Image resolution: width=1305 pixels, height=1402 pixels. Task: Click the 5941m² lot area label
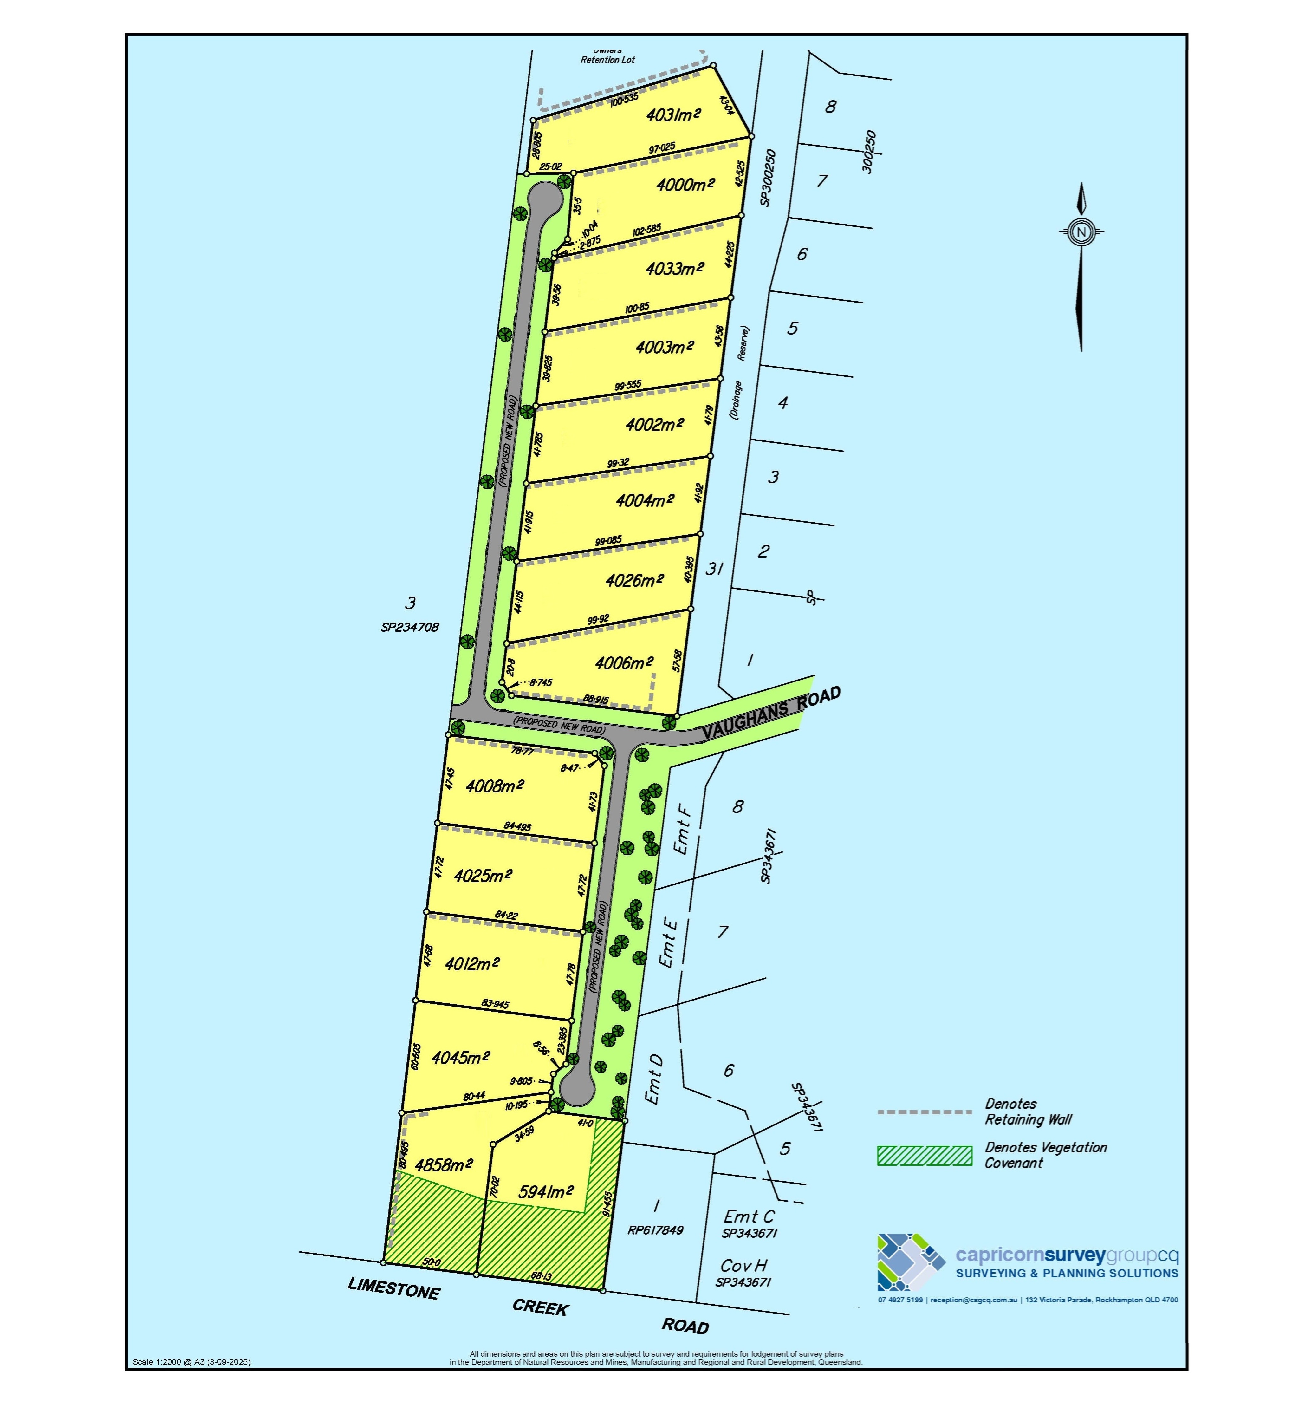546,1191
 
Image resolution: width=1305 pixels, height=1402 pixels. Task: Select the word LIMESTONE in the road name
393,1288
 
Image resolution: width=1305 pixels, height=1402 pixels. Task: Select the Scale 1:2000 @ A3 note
191,1362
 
